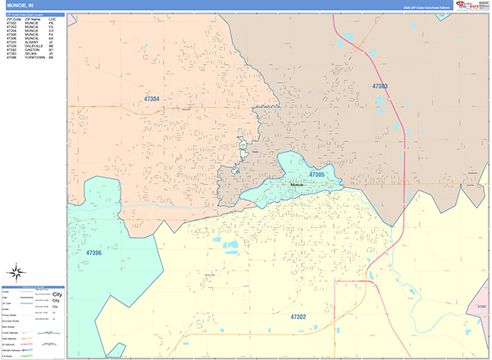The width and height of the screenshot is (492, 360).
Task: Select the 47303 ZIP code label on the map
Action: tap(380, 85)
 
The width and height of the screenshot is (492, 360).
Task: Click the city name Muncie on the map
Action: tap(297, 185)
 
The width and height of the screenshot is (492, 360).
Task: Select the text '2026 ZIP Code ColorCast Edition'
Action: tap(421, 7)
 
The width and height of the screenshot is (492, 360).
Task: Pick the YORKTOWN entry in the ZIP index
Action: tap(35, 57)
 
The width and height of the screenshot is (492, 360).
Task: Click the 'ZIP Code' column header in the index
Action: tap(12, 18)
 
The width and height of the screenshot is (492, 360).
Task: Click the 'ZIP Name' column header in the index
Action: tap(33, 18)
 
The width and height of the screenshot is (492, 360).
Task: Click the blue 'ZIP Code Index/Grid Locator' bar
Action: tap(33, 14)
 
